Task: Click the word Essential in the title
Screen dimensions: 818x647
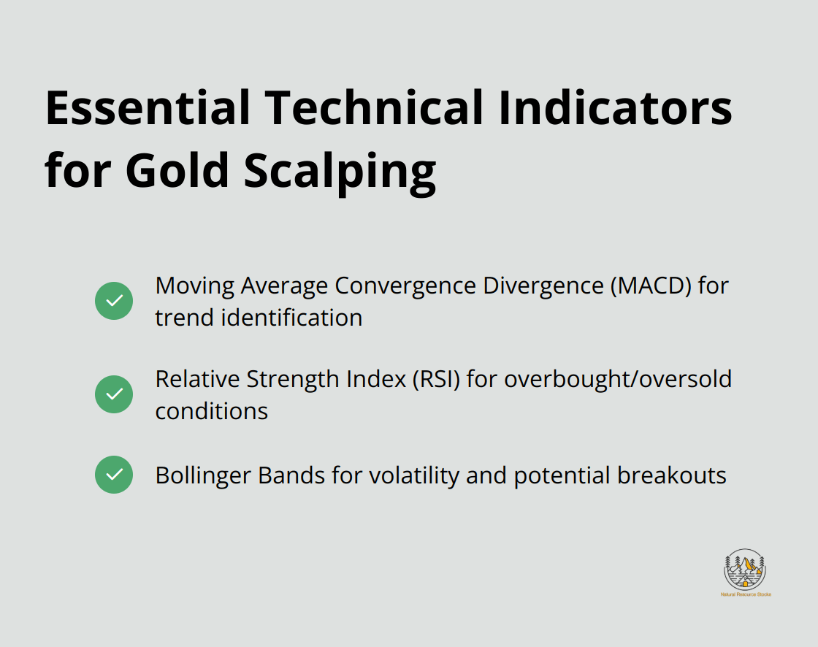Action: coord(148,108)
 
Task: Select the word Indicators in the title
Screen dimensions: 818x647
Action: coord(616,108)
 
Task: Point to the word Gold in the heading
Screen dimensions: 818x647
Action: coord(177,170)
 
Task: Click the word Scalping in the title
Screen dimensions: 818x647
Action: coord(340,173)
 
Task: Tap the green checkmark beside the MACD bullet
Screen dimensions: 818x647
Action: coord(114,301)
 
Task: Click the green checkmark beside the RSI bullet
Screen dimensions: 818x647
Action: coord(114,394)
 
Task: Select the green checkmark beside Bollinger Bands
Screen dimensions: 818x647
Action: coord(114,475)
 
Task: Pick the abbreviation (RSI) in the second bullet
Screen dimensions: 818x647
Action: coord(436,380)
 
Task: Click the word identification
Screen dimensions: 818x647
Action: coord(291,318)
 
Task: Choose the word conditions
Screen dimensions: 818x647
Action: coord(211,411)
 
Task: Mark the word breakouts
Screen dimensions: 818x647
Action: coord(672,476)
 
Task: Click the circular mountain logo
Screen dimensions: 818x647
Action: coord(745,570)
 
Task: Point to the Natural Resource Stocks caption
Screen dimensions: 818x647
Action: coord(746,594)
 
